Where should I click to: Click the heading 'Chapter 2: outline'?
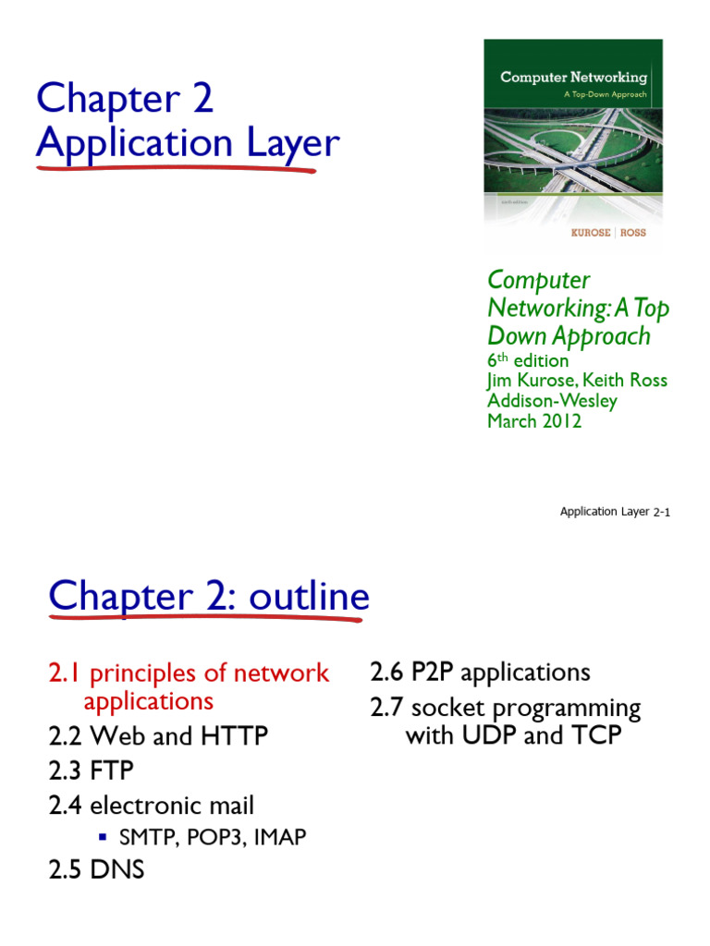[x=209, y=596]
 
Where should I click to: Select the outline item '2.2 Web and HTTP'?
[x=158, y=736]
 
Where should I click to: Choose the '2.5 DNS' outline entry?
[x=96, y=869]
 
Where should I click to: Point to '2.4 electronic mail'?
[x=151, y=806]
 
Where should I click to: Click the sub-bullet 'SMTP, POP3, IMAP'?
[x=213, y=838]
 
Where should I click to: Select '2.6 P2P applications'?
[x=480, y=673]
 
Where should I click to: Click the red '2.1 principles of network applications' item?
[x=189, y=686]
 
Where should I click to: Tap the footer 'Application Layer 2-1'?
[x=615, y=512]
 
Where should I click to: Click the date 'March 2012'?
[x=534, y=421]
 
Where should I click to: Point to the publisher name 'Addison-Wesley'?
[x=553, y=401]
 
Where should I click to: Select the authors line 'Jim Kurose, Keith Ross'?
[x=577, y=381]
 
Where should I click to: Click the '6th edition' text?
[x=528, y=360]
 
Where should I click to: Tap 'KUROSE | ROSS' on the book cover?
[x=607, y=233]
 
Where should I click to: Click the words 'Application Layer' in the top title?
[x=188, y=143]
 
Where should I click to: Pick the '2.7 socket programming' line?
[x=505, y=709]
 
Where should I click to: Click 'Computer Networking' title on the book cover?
[x=573, y=77]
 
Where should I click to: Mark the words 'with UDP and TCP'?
[x=513, y=735]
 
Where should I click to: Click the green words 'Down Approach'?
[x=569, y=335]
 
